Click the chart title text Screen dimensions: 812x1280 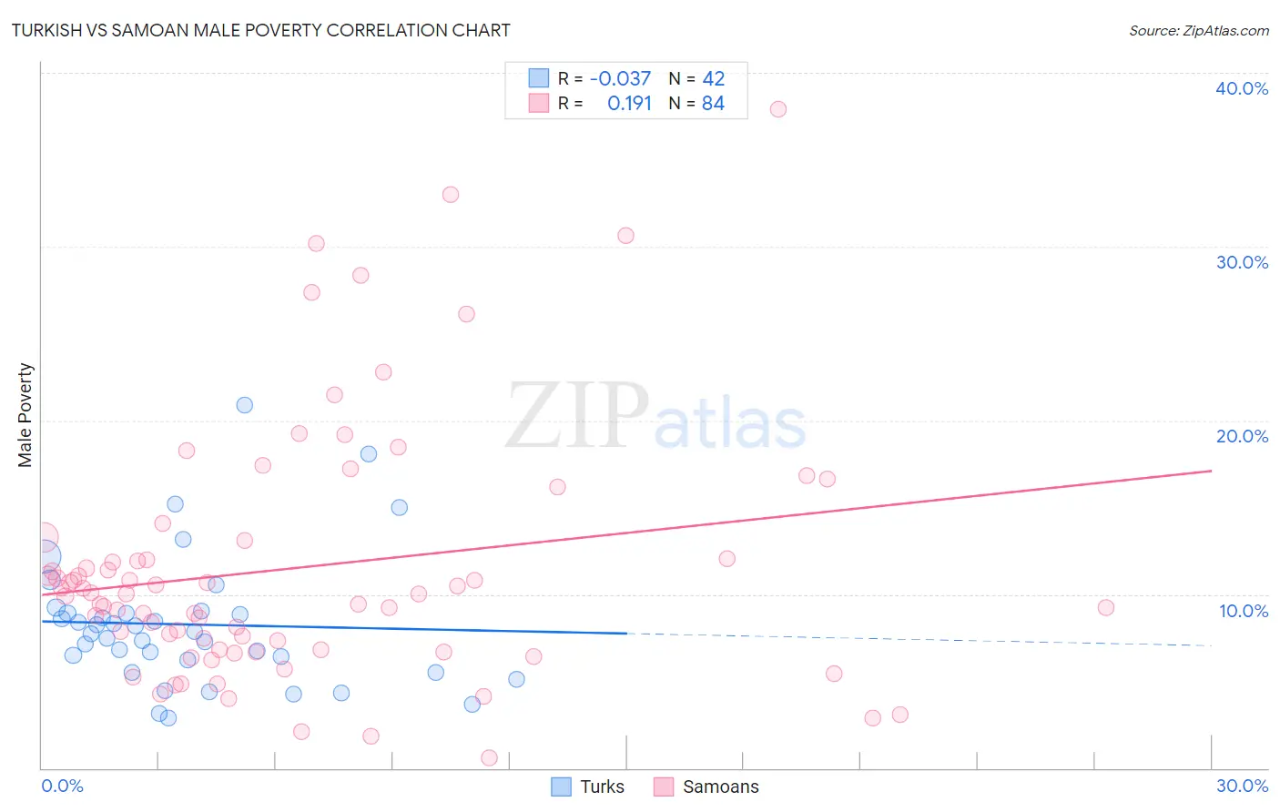click(260, 30)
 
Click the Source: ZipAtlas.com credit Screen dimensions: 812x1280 click(1198, 30)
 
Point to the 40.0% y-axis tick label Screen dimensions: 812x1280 click(1242, 88)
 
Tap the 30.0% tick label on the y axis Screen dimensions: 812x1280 click(1242, 262)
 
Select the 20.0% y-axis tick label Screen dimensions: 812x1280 click(1242, 436)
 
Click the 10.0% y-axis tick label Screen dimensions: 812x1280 click(1244, 611)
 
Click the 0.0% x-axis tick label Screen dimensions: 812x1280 click(62, 786)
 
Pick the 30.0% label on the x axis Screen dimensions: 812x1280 click(1242, 786)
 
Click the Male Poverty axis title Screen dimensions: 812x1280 click(25, 415)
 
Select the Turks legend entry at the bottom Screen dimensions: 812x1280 click(588, 787)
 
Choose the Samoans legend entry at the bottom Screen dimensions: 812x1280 click(706, 787)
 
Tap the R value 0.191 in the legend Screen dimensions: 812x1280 click(629, 104)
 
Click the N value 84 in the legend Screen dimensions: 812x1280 click(713, 104)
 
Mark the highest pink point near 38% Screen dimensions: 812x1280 click(777, 109)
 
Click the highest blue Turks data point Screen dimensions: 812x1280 click(244, 405)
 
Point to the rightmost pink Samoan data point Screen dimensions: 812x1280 click(1105, 608)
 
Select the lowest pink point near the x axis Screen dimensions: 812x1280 click(489, 757)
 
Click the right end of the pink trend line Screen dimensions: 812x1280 click(1211, 471)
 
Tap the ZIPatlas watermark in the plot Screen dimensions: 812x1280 click(655, 417)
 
